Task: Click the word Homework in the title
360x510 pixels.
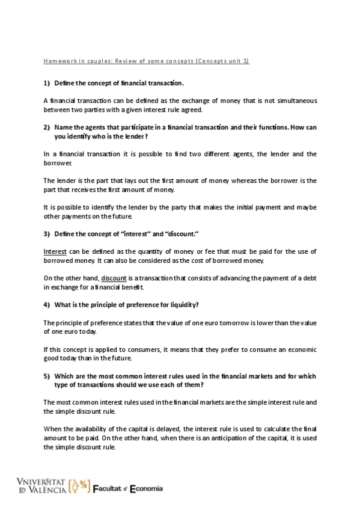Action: (x=59, y=61)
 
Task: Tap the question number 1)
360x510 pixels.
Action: (x=47, y=82)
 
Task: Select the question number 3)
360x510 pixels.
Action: (x=47, y=233)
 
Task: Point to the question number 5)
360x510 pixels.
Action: (x=47, y=376)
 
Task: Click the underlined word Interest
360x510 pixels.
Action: (x=55, y=251)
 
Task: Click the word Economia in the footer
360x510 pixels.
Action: (x=147, y=488)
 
